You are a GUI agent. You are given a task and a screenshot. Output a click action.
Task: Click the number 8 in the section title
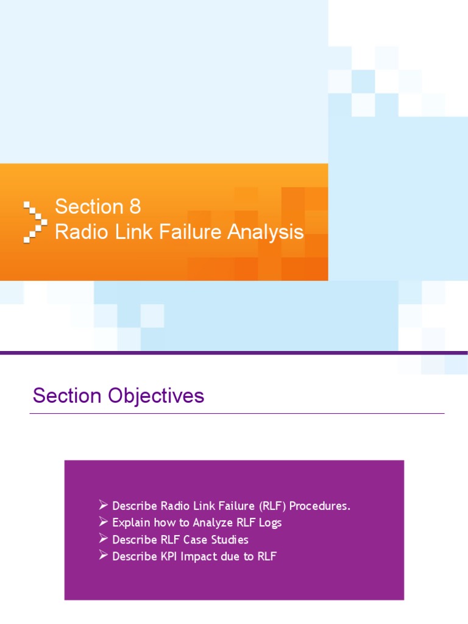134,207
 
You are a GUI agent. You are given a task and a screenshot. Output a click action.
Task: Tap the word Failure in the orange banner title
191,232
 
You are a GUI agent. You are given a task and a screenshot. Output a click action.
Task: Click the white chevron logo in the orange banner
35,221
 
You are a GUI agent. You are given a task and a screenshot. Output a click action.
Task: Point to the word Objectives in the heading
156,396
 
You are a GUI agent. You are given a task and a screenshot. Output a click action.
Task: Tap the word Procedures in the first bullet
321,506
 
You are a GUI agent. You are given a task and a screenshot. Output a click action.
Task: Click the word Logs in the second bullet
269,523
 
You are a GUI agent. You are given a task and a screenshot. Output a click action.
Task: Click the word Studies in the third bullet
228,540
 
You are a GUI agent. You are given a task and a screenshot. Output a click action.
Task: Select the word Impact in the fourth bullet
194,556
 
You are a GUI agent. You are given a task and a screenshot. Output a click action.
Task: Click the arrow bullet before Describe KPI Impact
104,556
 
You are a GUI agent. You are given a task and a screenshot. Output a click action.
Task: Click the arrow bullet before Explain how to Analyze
104,522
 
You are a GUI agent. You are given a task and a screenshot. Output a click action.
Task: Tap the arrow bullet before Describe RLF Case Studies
104,539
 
